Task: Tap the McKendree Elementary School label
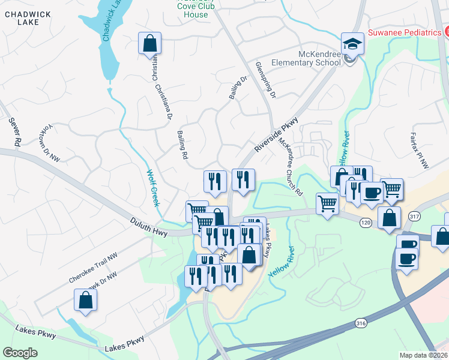tap(306, 57)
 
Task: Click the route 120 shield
tap(366, 223)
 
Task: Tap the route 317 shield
tap(414, 216)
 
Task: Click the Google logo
tap(20, 353)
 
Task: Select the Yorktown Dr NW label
tap(49, 144)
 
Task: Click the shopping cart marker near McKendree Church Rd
tap(327, 204)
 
